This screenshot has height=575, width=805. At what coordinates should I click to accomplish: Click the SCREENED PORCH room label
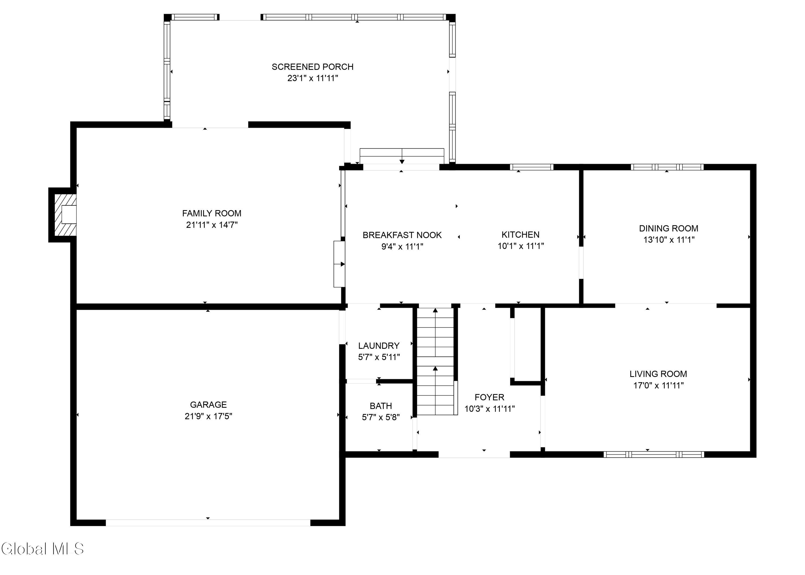pos(313,67)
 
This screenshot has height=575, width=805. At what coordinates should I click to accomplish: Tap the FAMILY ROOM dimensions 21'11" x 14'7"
pos(212,225)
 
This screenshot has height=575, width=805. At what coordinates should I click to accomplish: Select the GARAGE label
pos(208,405)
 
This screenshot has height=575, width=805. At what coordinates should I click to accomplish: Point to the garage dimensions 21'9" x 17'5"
pos(208,416)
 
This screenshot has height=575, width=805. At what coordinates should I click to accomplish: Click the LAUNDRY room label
pos(379,346)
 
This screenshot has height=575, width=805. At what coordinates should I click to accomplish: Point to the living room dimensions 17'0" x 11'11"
pos(658,385)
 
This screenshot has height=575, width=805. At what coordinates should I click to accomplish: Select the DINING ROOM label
pos(668,228)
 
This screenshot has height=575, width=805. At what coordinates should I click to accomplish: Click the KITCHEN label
pos(520,235)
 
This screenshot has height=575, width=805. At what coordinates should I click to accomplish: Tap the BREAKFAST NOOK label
pos(402,235)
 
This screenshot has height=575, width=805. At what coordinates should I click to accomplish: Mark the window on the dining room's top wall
pos(667,167)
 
